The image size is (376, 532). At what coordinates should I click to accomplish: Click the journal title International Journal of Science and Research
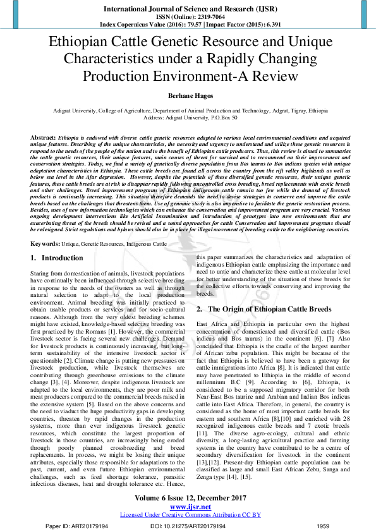coord(188,9)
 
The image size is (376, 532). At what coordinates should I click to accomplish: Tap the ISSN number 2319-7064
coord(204,18)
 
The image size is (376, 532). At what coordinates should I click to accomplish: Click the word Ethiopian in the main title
coord(86,44)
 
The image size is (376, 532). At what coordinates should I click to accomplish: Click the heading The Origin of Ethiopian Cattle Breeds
coord(269,310)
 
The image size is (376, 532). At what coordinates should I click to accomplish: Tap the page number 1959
coord(324,526)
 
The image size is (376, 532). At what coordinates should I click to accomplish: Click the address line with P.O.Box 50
coord(188,118)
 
